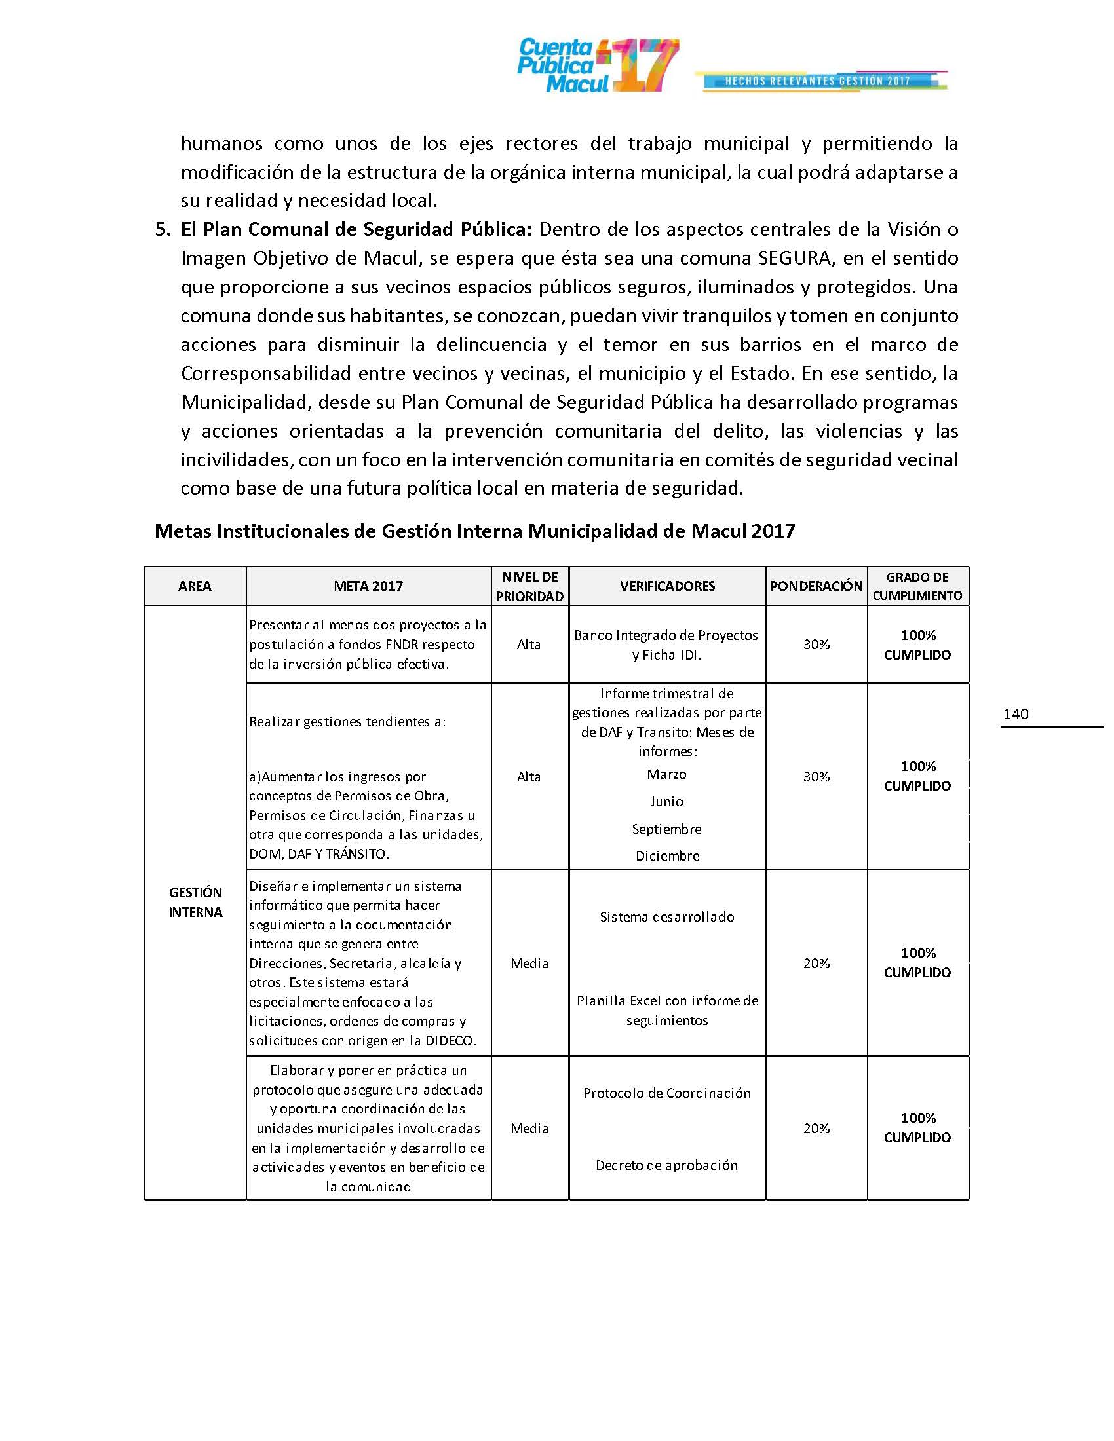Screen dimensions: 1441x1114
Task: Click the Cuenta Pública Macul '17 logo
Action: (597, 65)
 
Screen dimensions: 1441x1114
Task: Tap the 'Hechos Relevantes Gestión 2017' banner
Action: (820, 81)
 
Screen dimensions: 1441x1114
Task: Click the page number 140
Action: (1015, 714)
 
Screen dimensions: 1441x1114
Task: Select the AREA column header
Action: (195, 586)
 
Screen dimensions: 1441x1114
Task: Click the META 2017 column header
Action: (368, 586)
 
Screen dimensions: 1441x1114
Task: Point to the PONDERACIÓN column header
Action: (816, 586)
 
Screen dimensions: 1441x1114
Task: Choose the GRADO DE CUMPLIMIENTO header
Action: (917, 586)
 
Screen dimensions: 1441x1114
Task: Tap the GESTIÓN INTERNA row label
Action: (195, 902)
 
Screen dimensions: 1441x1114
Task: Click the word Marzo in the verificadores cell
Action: (666, 774)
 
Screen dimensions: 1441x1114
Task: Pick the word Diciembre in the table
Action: (667, 856)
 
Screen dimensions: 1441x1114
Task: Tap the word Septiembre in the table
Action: (666, 829)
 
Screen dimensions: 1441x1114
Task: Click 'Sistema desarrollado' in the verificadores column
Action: (666, 916)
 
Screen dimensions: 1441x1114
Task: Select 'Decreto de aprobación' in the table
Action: (666, 1165)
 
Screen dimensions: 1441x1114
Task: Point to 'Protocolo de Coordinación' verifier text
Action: (666, 1093)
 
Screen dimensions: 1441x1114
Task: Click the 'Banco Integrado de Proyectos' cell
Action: (666, 635)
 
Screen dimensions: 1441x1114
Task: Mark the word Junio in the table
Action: (666, 802)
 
